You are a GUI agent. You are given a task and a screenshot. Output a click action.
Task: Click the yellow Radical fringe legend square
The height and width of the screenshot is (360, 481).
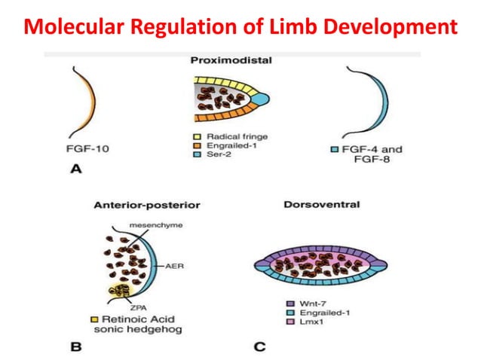click(x=198, y=136)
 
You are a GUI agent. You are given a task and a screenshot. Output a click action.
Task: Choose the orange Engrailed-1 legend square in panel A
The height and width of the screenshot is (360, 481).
click(x=198, y=146)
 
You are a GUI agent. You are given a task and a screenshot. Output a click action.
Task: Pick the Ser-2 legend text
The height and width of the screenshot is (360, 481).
click(x=220, y=156)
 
